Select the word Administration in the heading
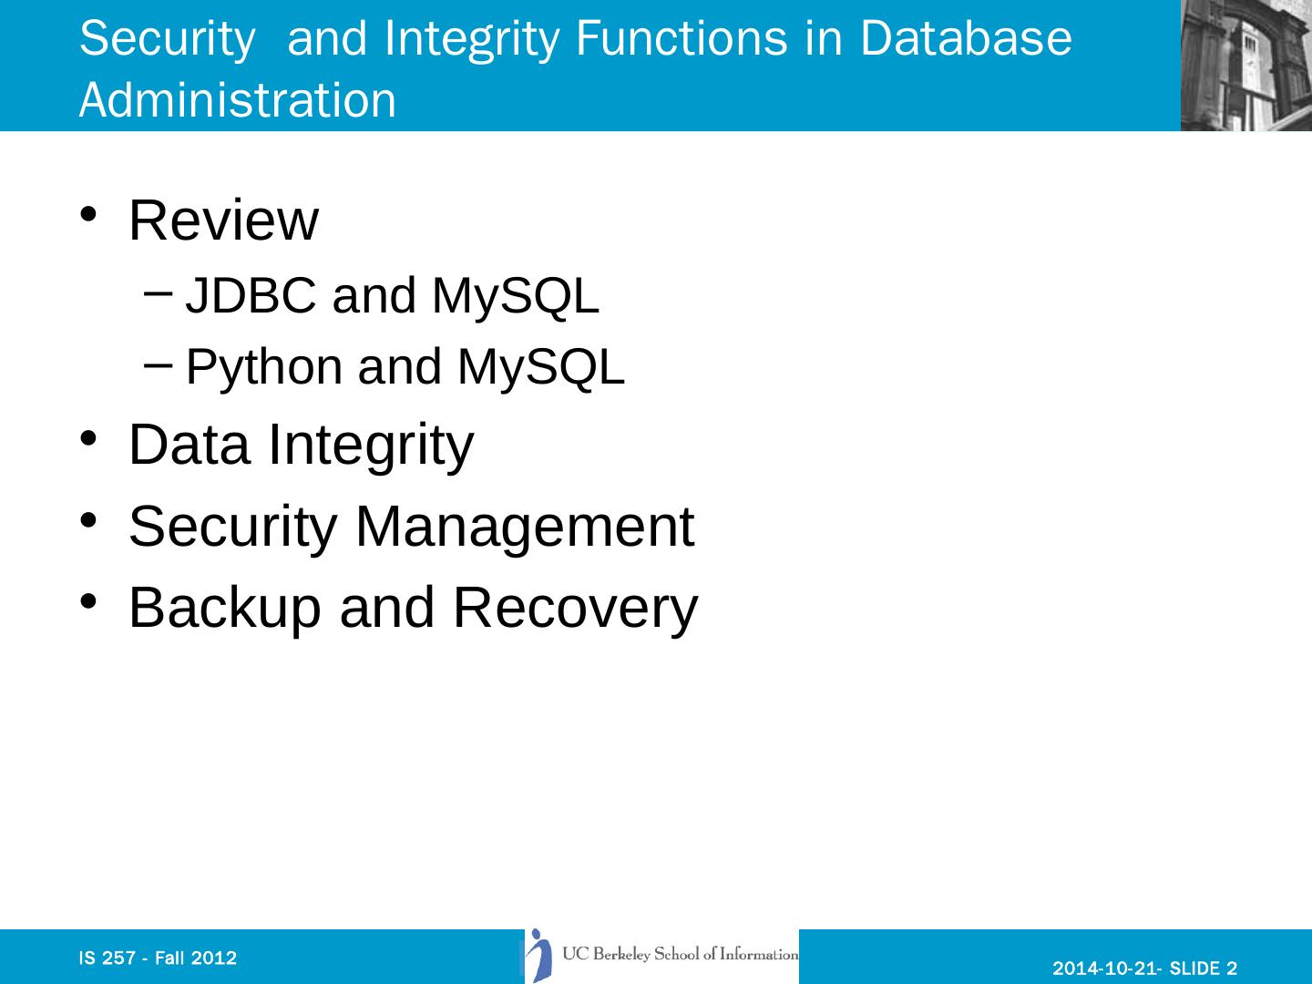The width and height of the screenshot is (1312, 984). (x=238, y=100)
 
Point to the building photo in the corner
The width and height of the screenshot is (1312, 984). (x=1245, y=66)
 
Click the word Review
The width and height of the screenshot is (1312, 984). (x=223, y=220)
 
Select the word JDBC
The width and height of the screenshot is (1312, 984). (x=251, y=296)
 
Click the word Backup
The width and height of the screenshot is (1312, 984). (x=225, y=608)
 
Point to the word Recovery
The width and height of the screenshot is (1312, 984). (x=575, y=608)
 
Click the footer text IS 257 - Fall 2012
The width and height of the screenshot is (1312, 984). (x=159, y=958)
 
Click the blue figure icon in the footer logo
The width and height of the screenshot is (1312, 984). (x=541, y=956)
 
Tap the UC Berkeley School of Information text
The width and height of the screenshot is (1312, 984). (x=680, y=955)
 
